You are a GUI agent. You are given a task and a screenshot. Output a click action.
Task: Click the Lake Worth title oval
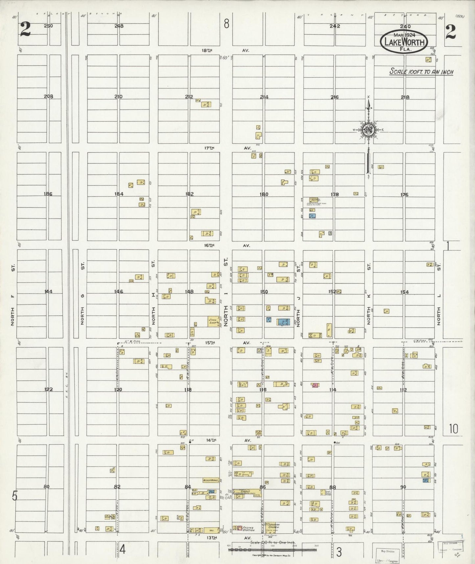[x=404, y=42]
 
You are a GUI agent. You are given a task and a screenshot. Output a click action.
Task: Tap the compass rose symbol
[x=369, y=130]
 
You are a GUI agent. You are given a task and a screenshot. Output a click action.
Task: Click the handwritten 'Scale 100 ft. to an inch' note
[x=421, y=72]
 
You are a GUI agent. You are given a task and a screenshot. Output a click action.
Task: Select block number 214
[x=264, y=97]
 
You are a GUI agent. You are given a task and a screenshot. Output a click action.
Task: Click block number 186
[x=48, y=194]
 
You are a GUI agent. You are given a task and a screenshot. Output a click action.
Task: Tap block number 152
[x=332, y=292]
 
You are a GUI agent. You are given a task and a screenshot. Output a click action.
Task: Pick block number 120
[x=118, y=390]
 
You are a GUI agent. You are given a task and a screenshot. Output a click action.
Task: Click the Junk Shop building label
[x=213, y=321]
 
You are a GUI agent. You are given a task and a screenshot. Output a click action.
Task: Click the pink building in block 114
[x=315, y=385]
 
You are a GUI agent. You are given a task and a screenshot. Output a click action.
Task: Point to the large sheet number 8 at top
[x=226, y=24]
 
